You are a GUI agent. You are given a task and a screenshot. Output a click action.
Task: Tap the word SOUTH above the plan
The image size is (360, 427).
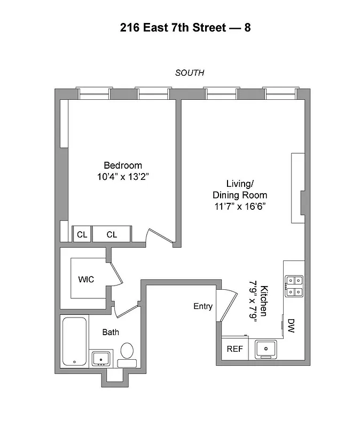point(190,73)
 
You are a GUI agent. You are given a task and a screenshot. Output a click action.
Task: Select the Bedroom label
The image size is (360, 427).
point(123,165)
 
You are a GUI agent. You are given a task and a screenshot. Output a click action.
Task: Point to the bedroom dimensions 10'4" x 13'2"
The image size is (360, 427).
point(123,177)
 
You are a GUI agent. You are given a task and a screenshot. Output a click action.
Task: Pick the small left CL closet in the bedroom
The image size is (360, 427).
point(82,234)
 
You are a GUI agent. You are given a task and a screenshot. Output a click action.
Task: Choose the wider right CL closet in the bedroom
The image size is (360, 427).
point(112,234)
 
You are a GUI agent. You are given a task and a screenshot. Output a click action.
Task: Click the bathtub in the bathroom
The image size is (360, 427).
point(74,342)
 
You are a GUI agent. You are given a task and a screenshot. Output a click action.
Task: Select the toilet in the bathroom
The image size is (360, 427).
point(127,354)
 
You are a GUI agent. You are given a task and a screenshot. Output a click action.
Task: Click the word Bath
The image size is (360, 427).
point(111,333)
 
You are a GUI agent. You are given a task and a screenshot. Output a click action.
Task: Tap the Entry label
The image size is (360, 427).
point(203,306)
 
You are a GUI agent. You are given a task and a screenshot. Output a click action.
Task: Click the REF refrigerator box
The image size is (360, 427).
point(234,349)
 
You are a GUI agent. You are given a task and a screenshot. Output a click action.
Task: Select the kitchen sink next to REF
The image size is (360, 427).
point(265,349)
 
